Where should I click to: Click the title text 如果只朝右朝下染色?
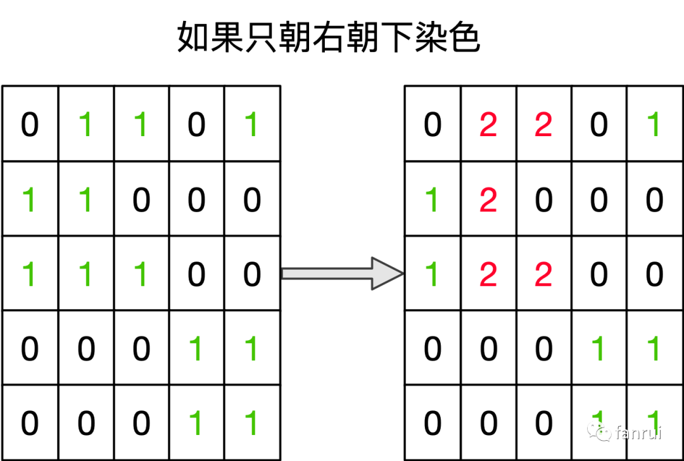[x=328, y=39]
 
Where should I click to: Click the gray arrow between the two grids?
[x=343, y=274]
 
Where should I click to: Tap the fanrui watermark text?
[x=638, y=433]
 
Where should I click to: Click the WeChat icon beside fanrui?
[x=600, y=432]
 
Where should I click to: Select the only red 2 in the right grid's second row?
[x=488, y=200]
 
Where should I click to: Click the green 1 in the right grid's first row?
[x=654, y=125]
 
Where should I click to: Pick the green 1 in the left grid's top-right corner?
[x=251, y=125]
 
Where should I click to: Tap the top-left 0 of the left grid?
[x=30, y=125]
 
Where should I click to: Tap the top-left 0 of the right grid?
[x=433, y=125]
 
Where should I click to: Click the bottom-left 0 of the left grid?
[x=30, y=423]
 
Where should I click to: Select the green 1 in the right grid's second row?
[x=433, y=200]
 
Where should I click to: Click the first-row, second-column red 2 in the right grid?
[x=488, y=125]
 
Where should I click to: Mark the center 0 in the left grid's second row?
[x=141, y=200]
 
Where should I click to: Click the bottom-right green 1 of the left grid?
[x=251, y=423]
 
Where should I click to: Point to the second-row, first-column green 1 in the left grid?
[x=30, y=200]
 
